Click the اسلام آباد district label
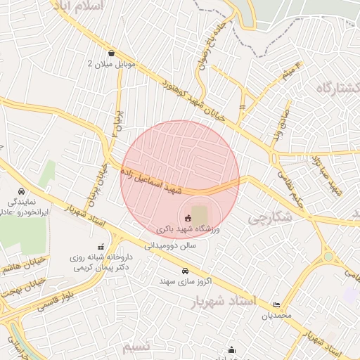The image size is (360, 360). [78, 6]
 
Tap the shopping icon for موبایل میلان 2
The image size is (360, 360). [112, 52]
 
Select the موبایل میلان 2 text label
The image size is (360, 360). [110, 63]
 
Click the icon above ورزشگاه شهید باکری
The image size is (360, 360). [188, 218]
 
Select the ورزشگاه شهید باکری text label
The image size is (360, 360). [188, 229]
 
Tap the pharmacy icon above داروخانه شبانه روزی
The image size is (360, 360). [101, 246]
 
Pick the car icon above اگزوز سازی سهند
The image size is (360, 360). [185, 271]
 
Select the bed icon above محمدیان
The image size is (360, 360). [276, 304]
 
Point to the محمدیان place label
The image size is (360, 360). [276, 316]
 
